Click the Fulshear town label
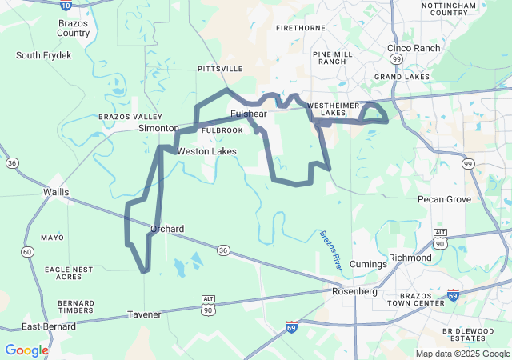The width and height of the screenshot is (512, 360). tap(248, 114)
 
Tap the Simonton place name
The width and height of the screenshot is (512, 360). tap(158, 128)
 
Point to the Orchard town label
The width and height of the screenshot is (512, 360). tap(167, 229)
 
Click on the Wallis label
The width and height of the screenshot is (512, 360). tap(56, 192)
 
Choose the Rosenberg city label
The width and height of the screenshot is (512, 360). tap(354, 291)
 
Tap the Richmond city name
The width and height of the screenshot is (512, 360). tap(410, 258)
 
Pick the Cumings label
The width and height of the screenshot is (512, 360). tap(368, 264)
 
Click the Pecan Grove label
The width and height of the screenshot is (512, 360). tap(444, 198)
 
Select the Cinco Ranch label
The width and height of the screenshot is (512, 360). tap(414, 48)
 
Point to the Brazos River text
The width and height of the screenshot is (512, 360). tap(330, 250)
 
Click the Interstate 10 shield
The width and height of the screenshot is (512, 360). tap(66, 5)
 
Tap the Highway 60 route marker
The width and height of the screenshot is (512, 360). tap(28, 252)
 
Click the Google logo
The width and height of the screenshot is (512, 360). tap(26, 350)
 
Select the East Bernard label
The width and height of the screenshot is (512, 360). tap(49, 326)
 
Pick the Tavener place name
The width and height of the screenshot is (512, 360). tap(144, 314)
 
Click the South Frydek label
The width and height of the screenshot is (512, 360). tap(44, 55)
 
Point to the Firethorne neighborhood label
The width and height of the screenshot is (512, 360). tap(300, 27)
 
